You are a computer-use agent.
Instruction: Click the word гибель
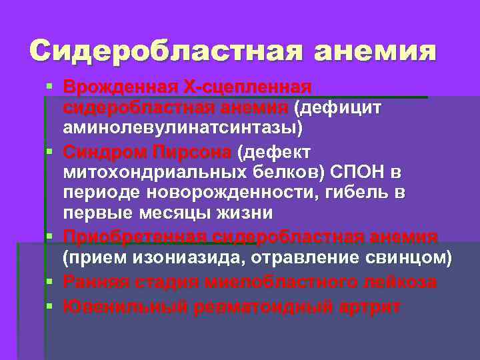358,192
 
